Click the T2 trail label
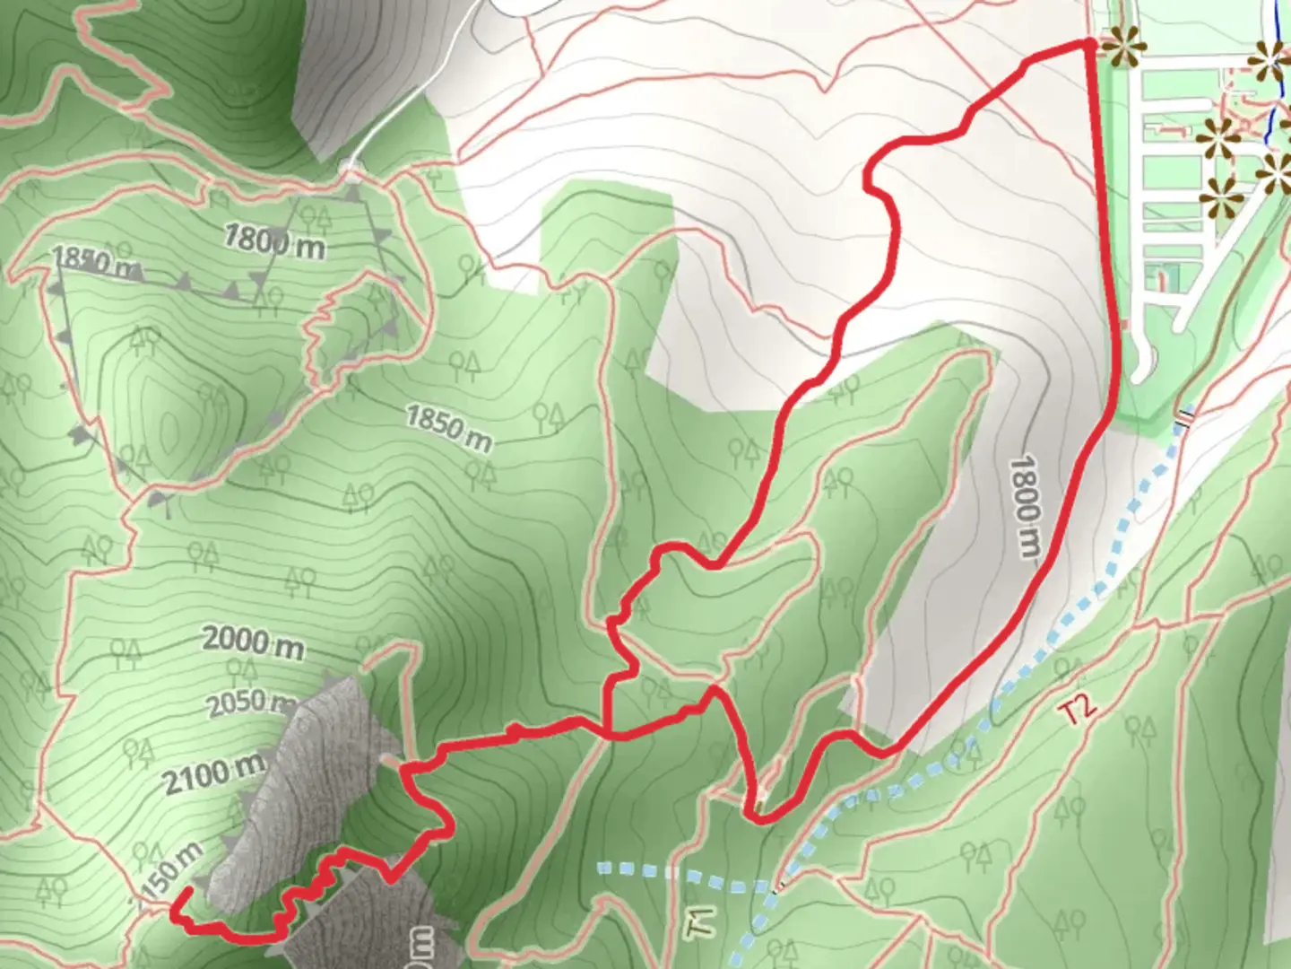1077,710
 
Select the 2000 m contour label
252,642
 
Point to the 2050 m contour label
251,703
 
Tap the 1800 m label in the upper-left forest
273,240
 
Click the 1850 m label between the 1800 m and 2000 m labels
448,428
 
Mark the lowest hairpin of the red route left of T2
758,819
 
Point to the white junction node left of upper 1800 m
350,167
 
